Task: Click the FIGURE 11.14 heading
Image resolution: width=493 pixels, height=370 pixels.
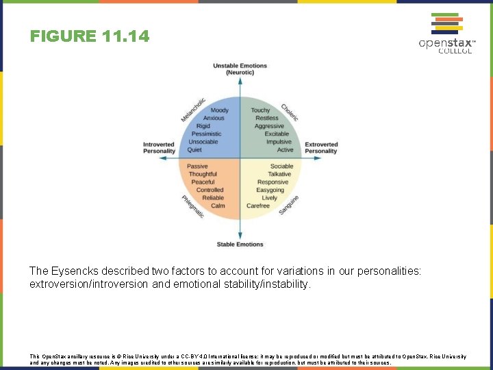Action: coord(89,36)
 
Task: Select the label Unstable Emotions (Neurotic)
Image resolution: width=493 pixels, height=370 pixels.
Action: coord(240,69)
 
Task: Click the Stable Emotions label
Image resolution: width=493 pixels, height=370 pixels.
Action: coord(240,245)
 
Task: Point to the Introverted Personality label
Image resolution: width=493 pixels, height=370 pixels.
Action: coord(159,148)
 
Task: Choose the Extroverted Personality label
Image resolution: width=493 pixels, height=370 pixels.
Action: coord(321,148)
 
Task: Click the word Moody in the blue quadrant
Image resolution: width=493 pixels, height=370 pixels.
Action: coord(220,110)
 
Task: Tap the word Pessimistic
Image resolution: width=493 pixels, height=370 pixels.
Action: coord(206,134)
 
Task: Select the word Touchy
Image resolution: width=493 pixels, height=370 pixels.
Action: coord(260,110)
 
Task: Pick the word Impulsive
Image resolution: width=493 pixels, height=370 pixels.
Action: coord(279,142)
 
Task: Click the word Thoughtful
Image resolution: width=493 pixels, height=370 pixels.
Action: coord(203,174)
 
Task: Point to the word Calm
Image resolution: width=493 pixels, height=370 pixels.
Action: coord(218,206)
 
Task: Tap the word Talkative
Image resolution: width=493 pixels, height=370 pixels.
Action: coord(279,174)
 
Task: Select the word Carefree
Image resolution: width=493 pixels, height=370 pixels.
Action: coord(258,206)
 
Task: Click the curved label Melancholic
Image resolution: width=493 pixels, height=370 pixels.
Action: coord(193,110)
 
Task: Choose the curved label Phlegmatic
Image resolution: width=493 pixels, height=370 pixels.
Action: coord(192,206)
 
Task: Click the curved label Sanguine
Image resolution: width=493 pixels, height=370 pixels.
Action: coord(289,204)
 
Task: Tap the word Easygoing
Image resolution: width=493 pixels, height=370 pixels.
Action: coord(270,190)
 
